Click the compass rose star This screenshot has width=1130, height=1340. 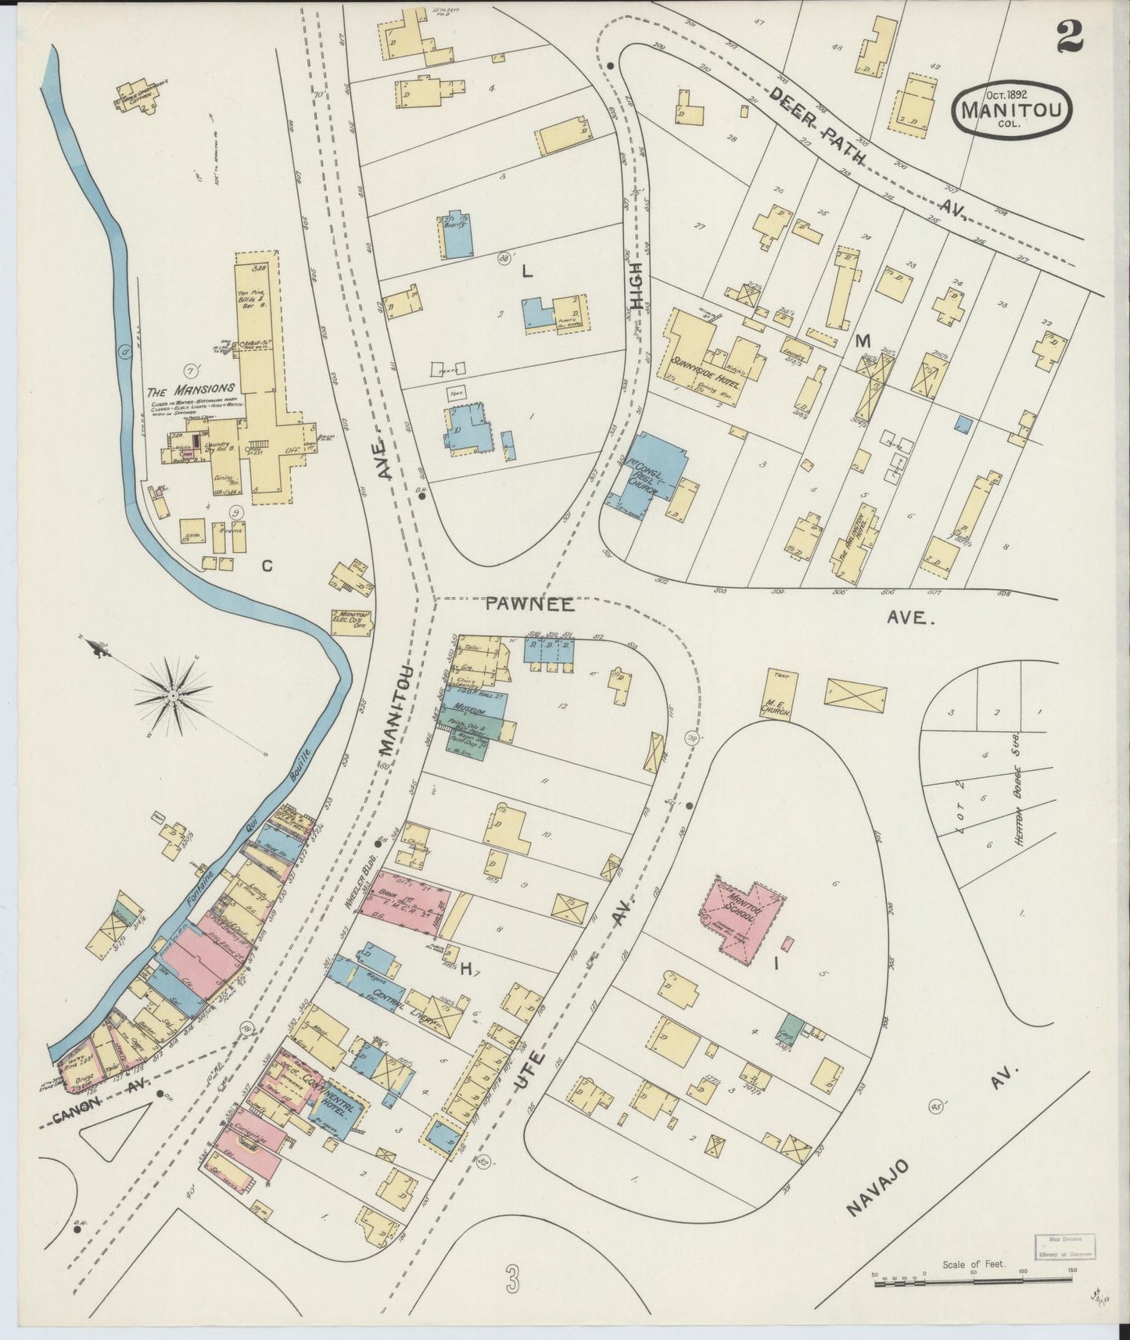click(x=172, y=694)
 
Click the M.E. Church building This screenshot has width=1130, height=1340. click(x=777, y=701)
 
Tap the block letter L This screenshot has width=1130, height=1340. click(x=527, y=273)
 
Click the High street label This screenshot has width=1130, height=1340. click(x=637, y=288)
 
